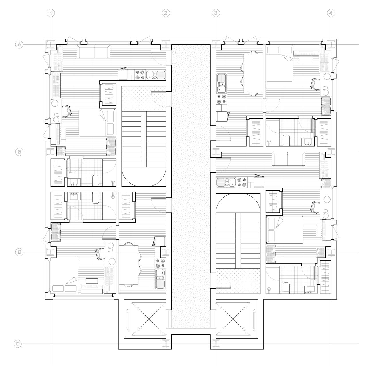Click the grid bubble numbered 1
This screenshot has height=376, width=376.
click(x=51, y=13)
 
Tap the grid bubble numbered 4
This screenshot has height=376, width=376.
click(x=331, y=13)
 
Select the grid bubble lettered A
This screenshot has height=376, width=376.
click(x=19, y=45)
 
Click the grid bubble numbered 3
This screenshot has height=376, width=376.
click(x=216, y=13)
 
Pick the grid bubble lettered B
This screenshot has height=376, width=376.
click(x=19, y=152)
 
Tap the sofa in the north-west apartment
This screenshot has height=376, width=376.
click(x=93, y=51)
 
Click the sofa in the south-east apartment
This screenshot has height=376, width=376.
click(x=288, y=159)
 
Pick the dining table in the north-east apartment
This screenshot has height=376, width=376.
click(x=253, y=73)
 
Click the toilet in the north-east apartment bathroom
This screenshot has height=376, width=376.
click(x=286, y=140)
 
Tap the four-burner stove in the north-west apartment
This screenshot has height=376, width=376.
click(x=140, y=75)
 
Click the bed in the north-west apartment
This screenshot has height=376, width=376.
click(x=97, y=123)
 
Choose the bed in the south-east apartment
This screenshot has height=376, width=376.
click(x=285, y=230)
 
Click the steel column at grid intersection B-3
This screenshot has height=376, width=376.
click(x=216, y=152)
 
